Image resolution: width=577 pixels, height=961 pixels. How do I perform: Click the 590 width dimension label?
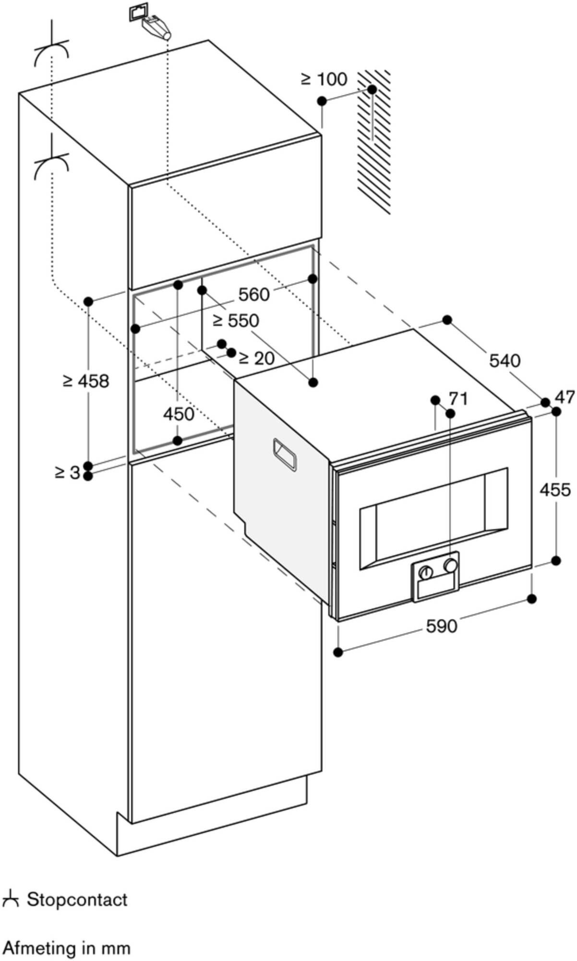click(441, 626)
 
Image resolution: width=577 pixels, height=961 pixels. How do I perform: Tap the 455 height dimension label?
click(555, 490)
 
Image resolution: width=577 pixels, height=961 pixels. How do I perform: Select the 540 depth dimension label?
click(505, 360)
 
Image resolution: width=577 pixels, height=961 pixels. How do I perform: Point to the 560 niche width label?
click(253, 295)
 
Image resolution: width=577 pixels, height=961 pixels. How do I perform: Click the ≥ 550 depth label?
click(237, 320)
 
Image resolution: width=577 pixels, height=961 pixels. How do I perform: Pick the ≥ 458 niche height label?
click(86, 381)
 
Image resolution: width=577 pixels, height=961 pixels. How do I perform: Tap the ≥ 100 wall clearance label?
click(324, 79)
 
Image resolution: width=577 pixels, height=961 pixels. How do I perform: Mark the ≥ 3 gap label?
click(67, 473)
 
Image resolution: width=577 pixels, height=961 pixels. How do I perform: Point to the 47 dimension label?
click(565, 397)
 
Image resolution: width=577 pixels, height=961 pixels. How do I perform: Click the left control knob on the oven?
click(425, 572)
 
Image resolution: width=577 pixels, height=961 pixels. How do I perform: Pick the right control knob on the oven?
click(450, 565)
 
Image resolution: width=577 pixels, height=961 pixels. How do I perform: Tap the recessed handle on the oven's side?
click(285, 453)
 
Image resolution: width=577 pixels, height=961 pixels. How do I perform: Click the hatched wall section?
click(374, 144)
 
